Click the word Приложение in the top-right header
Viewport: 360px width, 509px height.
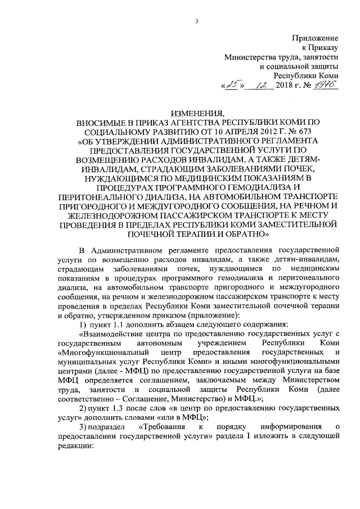tap(315, 38)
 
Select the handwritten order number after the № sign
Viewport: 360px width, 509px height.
tap(323, 85)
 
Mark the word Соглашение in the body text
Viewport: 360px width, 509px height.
tap(143, 397)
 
